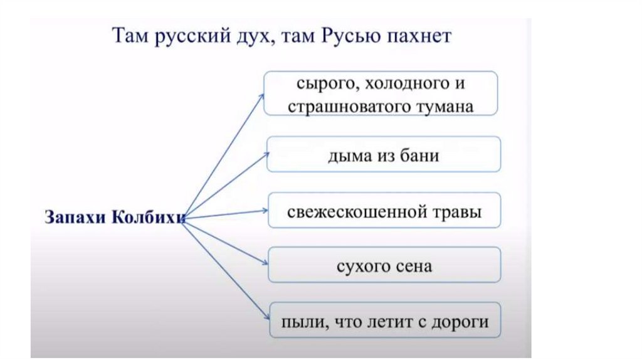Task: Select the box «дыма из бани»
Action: point(384,154)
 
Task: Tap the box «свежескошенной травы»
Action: point(384,211)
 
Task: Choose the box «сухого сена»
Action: point(384,265)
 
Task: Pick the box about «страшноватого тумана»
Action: point(381,93)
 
